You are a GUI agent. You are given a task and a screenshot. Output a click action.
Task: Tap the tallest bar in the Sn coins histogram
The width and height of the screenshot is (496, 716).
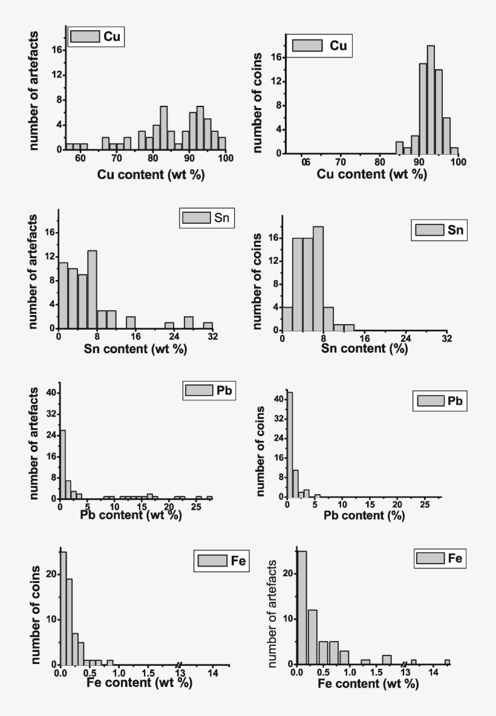tap(318, 279)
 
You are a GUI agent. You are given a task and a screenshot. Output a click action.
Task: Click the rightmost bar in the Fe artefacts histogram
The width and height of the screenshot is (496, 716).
tap(447, 662)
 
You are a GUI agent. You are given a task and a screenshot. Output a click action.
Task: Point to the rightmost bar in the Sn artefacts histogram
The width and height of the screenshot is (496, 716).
tap(208, 325)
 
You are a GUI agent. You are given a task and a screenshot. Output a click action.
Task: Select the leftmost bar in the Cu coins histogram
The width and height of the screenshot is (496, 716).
tap(399, 148)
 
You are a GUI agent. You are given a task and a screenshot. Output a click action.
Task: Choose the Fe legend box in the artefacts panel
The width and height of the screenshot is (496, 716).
tap(439, 559)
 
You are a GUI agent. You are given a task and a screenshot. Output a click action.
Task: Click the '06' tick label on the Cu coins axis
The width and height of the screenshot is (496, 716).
tap(306, 163)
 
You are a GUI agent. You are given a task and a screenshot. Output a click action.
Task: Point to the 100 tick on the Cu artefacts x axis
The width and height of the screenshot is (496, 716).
tap(225, 158)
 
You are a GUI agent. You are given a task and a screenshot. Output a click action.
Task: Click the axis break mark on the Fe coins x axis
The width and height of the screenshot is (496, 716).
tap(180, 665)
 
